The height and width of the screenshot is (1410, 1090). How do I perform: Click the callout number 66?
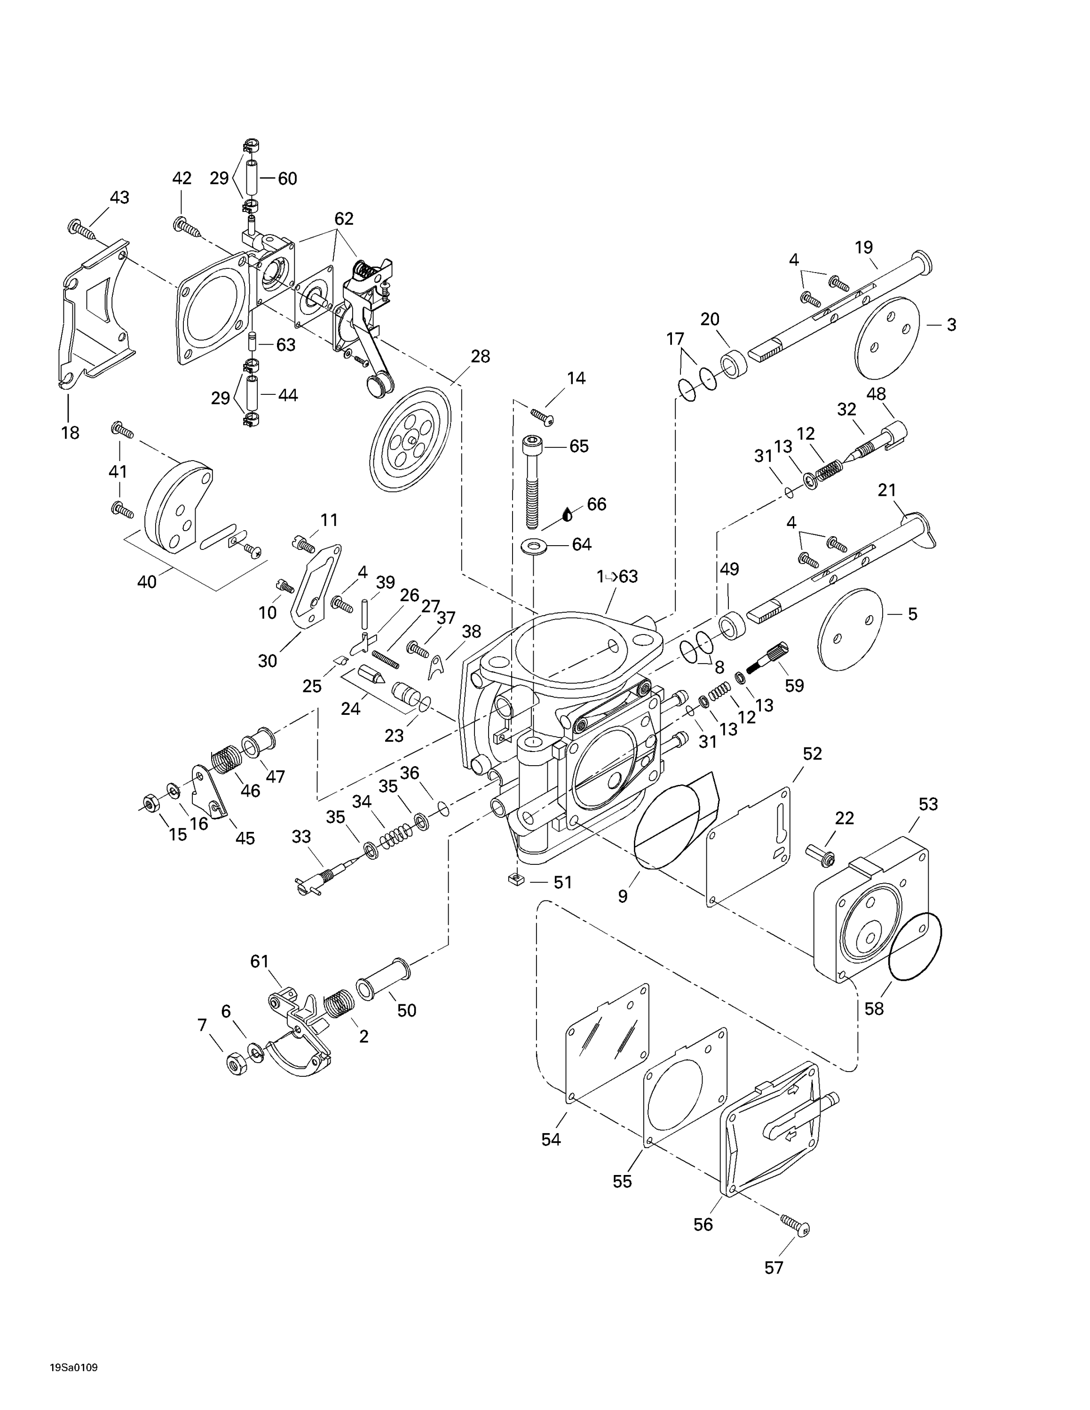click(x=596, y=504)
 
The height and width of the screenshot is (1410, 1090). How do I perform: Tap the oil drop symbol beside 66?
click(x=568, y=515)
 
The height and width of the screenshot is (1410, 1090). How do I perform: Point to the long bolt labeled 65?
click(x=531, y=482)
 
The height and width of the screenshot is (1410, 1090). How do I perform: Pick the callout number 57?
click(x=774, y=1286)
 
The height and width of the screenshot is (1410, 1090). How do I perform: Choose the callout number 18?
click(x=71, y=432)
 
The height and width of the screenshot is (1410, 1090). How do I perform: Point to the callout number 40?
click(x=147, y=582)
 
